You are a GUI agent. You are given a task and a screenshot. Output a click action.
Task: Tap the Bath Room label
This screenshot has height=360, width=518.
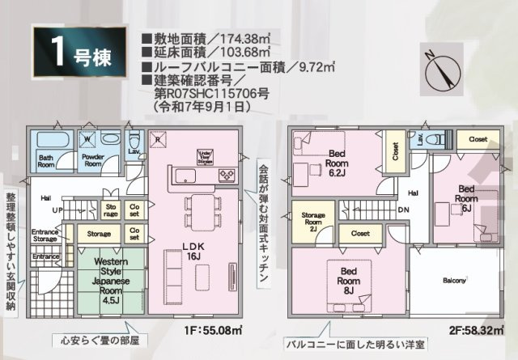[x=45, y=159]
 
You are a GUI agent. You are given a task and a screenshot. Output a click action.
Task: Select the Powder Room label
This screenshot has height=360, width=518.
[x=93, y=159]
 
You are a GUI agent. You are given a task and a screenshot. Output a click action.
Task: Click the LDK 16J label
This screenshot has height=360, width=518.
[x=193, y=249]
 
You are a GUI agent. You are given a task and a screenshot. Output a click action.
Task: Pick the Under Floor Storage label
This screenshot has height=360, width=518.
[x=204, y=155]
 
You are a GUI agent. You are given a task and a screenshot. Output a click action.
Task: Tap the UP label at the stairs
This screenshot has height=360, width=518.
[x=58, y=210]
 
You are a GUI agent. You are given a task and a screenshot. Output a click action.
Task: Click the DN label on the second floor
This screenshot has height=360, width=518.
[x=402, y=210]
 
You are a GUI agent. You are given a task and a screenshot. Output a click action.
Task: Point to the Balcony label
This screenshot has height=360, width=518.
[x=454, y=281]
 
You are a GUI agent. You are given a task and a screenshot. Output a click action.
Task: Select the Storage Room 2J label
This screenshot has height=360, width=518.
[x=313, y=221]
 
